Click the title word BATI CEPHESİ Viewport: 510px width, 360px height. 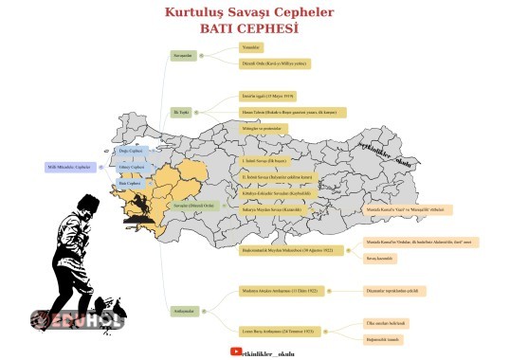(x=248, y=29)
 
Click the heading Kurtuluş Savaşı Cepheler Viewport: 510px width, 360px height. (x=248, y=13)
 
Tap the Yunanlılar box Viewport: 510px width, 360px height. (x=250, y=45)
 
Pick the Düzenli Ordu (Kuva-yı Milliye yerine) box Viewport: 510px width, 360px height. (x=275, y=63)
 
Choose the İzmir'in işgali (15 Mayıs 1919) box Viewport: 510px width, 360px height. (x=269, y=97)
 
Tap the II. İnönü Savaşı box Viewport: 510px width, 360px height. (x=277, y=176)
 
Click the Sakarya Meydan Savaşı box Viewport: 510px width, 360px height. (x=276, y=205)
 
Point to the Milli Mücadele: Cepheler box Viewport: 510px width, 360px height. (x=69, y=167)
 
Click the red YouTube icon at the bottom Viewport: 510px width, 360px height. (x=236, y=351)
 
